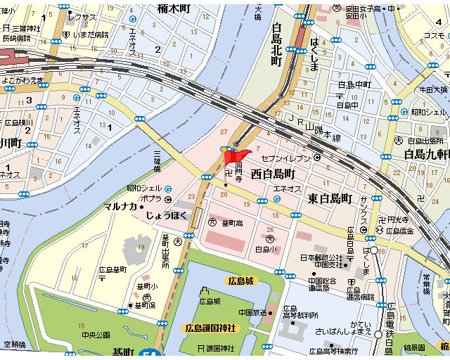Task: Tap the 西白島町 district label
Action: tap(277, 173)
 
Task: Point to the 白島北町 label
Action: tap(276, 45)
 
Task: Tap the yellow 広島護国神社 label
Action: tap(210, 328)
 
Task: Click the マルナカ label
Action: tap(120, 206)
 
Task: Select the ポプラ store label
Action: tap(150, 199)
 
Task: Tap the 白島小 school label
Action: tap(264, 249)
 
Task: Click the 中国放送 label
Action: tap(250, 312)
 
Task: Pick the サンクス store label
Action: tap(364, 210)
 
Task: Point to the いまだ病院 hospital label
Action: tap(91, 34)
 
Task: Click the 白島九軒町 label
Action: tap(425, 154)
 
